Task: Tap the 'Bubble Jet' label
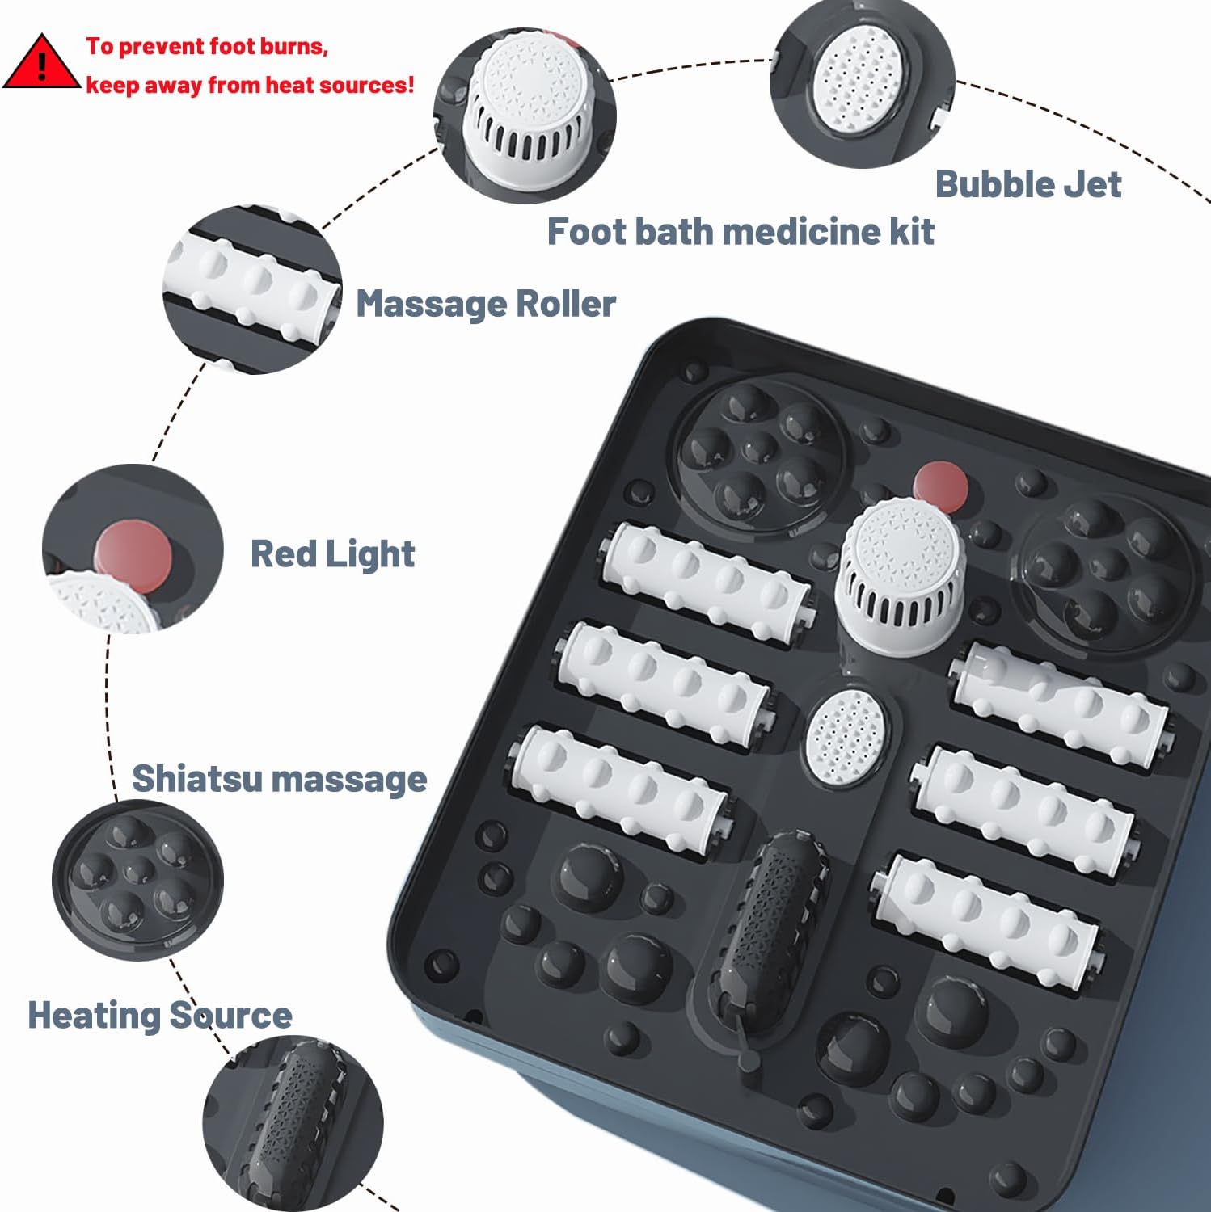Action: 1027,184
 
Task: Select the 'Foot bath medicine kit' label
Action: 741,232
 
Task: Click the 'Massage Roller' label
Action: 486,305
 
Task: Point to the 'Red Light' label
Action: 332,554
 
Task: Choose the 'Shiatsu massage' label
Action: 280,779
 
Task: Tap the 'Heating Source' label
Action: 160,1016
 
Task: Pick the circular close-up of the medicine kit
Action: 525,116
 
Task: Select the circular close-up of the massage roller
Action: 252,289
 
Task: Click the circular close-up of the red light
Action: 133,549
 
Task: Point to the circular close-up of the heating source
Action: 293,1124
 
